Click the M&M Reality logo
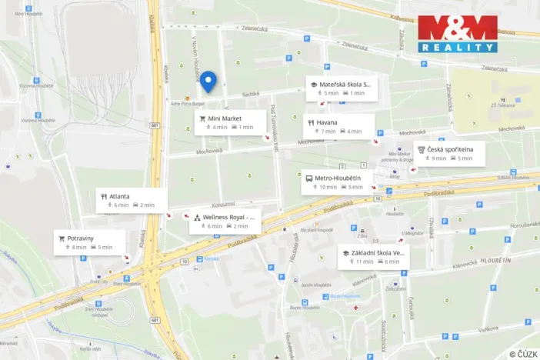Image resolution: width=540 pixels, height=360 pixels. (x=457, y=34)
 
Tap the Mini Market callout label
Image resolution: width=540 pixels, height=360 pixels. (x=230, y=122)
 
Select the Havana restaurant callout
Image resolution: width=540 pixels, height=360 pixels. (x=339, y=126)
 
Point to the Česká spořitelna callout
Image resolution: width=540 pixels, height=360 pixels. (x=450, y=153)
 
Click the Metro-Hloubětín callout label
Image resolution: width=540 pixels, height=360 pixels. (x=336, y=182)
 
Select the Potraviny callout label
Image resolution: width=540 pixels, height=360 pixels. (x=89, y=242)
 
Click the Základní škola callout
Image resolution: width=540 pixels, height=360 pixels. (x=374, y=257)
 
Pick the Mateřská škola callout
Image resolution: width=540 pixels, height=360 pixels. (x=340, y=88)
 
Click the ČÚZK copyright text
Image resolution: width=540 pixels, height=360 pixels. (x=522, y=354)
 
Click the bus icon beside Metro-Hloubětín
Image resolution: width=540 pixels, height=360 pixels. (x=309, y=178)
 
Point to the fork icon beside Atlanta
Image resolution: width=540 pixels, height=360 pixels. (x=103, y=196)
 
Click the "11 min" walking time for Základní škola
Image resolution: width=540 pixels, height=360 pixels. (x=365, y=262)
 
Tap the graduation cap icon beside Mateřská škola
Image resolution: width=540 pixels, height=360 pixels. (x=313, y=83)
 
